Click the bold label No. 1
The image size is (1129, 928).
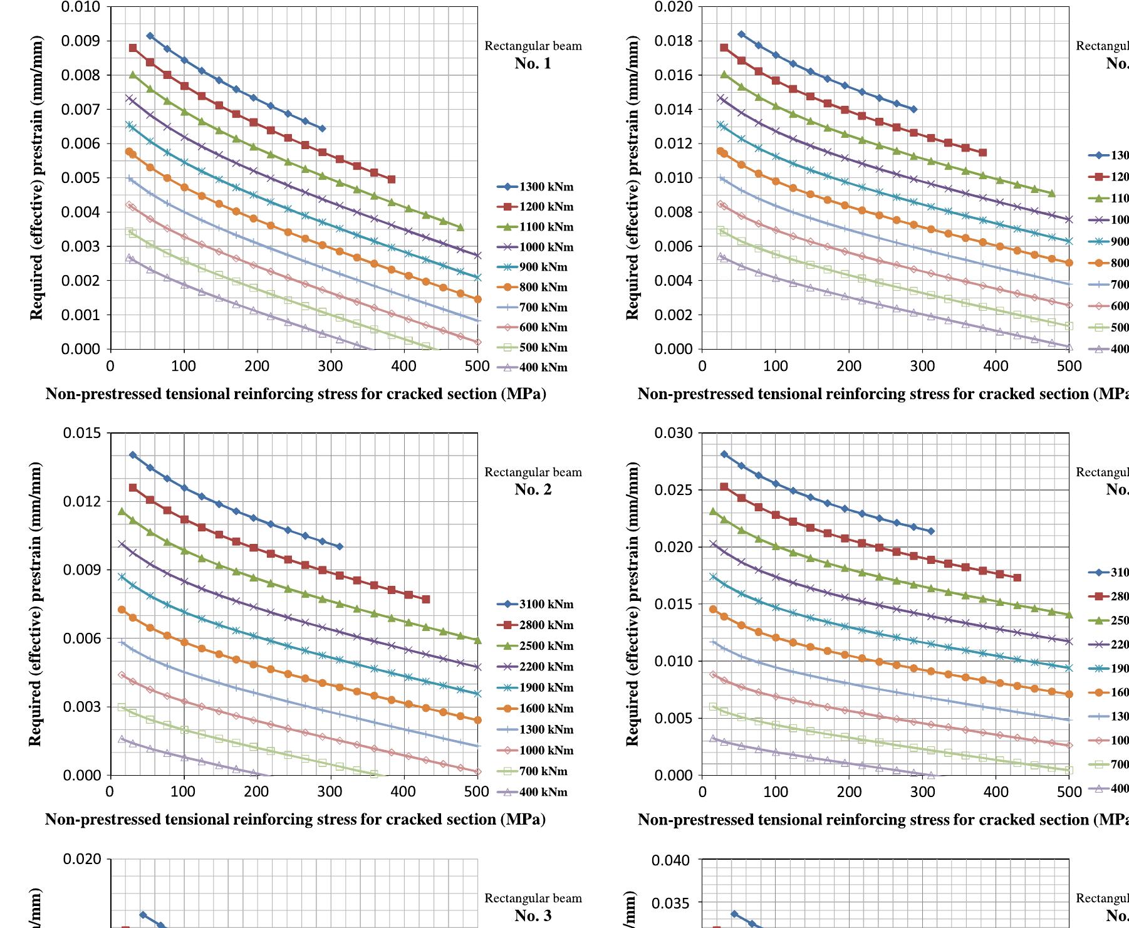click(533, 63)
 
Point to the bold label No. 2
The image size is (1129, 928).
click(533, 489)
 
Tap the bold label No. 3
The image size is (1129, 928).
click(533, 915)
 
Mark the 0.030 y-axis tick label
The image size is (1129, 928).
click(674, 433)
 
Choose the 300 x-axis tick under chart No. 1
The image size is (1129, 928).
click(331, 366)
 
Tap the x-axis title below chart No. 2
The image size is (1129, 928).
click(295, 820)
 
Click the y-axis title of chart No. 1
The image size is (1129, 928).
click(36, 179)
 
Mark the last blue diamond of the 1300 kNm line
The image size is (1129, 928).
click(322, 128)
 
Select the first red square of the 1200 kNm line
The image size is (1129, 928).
click(133, 48)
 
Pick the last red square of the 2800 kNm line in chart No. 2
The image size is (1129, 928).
click(426, 600)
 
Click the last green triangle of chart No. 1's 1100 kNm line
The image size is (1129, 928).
click(460, 227)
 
